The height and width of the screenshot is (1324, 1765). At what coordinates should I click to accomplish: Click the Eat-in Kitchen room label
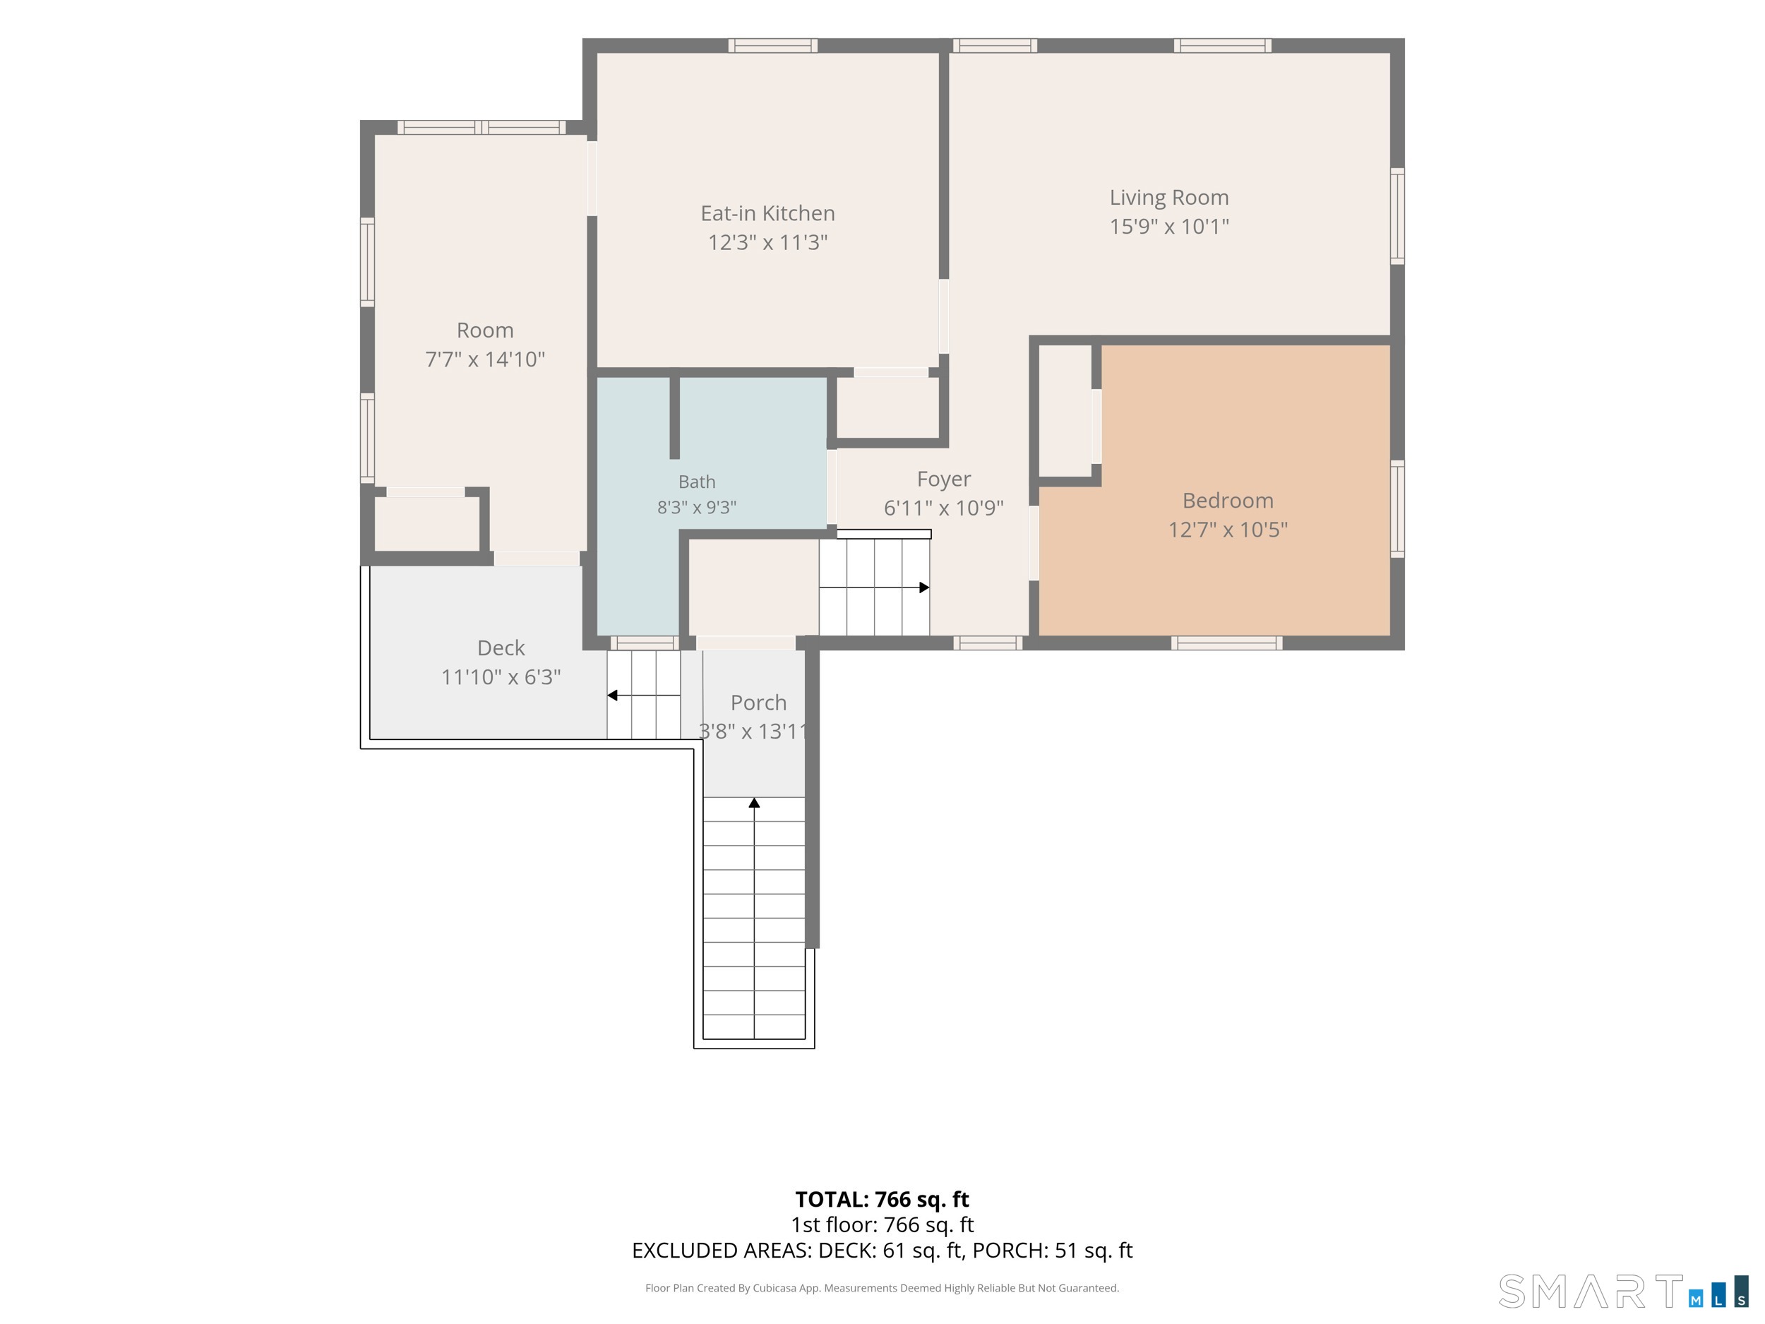tap(767, 213)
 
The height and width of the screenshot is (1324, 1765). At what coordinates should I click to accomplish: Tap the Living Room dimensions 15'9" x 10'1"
tap(1169, 227)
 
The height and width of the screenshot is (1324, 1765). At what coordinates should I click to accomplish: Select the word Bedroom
tap(1228, 501)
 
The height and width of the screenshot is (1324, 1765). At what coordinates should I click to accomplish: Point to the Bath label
tap(697, 482)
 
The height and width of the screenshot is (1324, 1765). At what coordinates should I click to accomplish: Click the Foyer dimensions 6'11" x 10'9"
tap(943, 508)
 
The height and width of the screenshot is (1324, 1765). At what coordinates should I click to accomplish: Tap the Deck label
tap(501, 648)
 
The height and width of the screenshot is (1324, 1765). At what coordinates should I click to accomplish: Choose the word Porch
tap(758, 703)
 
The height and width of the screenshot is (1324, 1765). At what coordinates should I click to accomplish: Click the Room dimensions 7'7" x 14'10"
tap(485, 359)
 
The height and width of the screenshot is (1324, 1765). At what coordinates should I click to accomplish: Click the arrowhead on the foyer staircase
tap(924, 588)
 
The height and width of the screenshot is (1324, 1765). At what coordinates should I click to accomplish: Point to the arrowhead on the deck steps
tap(612, 695)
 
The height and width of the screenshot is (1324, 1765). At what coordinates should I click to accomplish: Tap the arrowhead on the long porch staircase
tap(754, 802)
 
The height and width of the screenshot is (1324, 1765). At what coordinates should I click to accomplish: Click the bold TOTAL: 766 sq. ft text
tap(882, 1200)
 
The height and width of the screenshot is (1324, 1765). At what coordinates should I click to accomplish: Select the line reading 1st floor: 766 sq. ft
tap(882, 1225)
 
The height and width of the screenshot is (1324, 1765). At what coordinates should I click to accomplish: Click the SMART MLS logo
tap(1622, 1292)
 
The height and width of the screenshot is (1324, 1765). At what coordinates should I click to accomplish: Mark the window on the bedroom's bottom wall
tap(1226, 643)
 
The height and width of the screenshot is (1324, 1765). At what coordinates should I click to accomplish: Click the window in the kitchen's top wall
tap(772, 45)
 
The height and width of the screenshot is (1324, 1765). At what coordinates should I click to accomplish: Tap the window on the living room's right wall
tap(1397, 215)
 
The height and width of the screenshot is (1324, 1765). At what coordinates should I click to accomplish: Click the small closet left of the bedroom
tap(1065, 410)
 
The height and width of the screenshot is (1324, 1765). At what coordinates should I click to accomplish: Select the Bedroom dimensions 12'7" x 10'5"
tap(1228, 530)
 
